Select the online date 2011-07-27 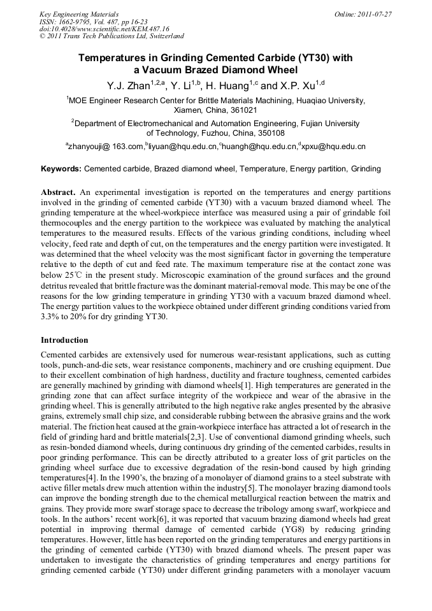tap(373, 13)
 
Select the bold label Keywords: tap(61, 169)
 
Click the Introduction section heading tap(64, 340)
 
